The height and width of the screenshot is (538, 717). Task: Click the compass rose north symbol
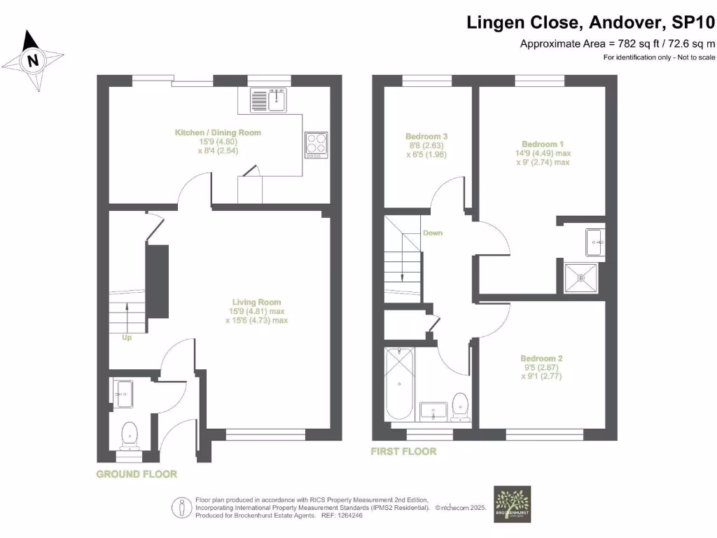click(32, 60)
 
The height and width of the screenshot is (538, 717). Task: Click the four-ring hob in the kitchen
click(316, 144)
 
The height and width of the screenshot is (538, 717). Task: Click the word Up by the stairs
click(127, 337)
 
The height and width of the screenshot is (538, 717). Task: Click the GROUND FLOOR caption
click(137, 474)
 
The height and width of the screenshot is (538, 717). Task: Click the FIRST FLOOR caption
click(403, 452)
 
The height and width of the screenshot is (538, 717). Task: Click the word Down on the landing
click(432, 233)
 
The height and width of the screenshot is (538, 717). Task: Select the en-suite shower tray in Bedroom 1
click(581, 277)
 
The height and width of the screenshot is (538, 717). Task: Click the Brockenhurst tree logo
click(512, 504)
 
